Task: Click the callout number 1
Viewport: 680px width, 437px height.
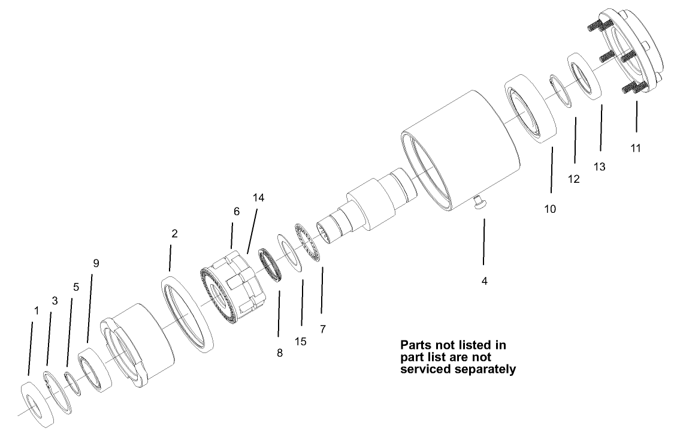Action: [37, 311]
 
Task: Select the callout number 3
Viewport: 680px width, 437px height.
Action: [55, 301]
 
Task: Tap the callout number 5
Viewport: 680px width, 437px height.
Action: [76, 287]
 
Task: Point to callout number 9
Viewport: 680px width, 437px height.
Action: [96, 263]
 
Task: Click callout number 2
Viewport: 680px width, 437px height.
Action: [174, 234]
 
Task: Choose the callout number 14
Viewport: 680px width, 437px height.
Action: [258, 197]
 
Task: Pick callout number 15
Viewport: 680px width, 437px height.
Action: [301, 341]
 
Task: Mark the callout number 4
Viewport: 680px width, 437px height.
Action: [485, 280]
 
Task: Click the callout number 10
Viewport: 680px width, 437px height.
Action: [550, 209]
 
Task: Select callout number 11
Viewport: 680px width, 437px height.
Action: [636, 147]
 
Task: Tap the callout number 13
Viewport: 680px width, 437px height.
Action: [600, 167]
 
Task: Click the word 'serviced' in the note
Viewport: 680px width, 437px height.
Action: [427, 369]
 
